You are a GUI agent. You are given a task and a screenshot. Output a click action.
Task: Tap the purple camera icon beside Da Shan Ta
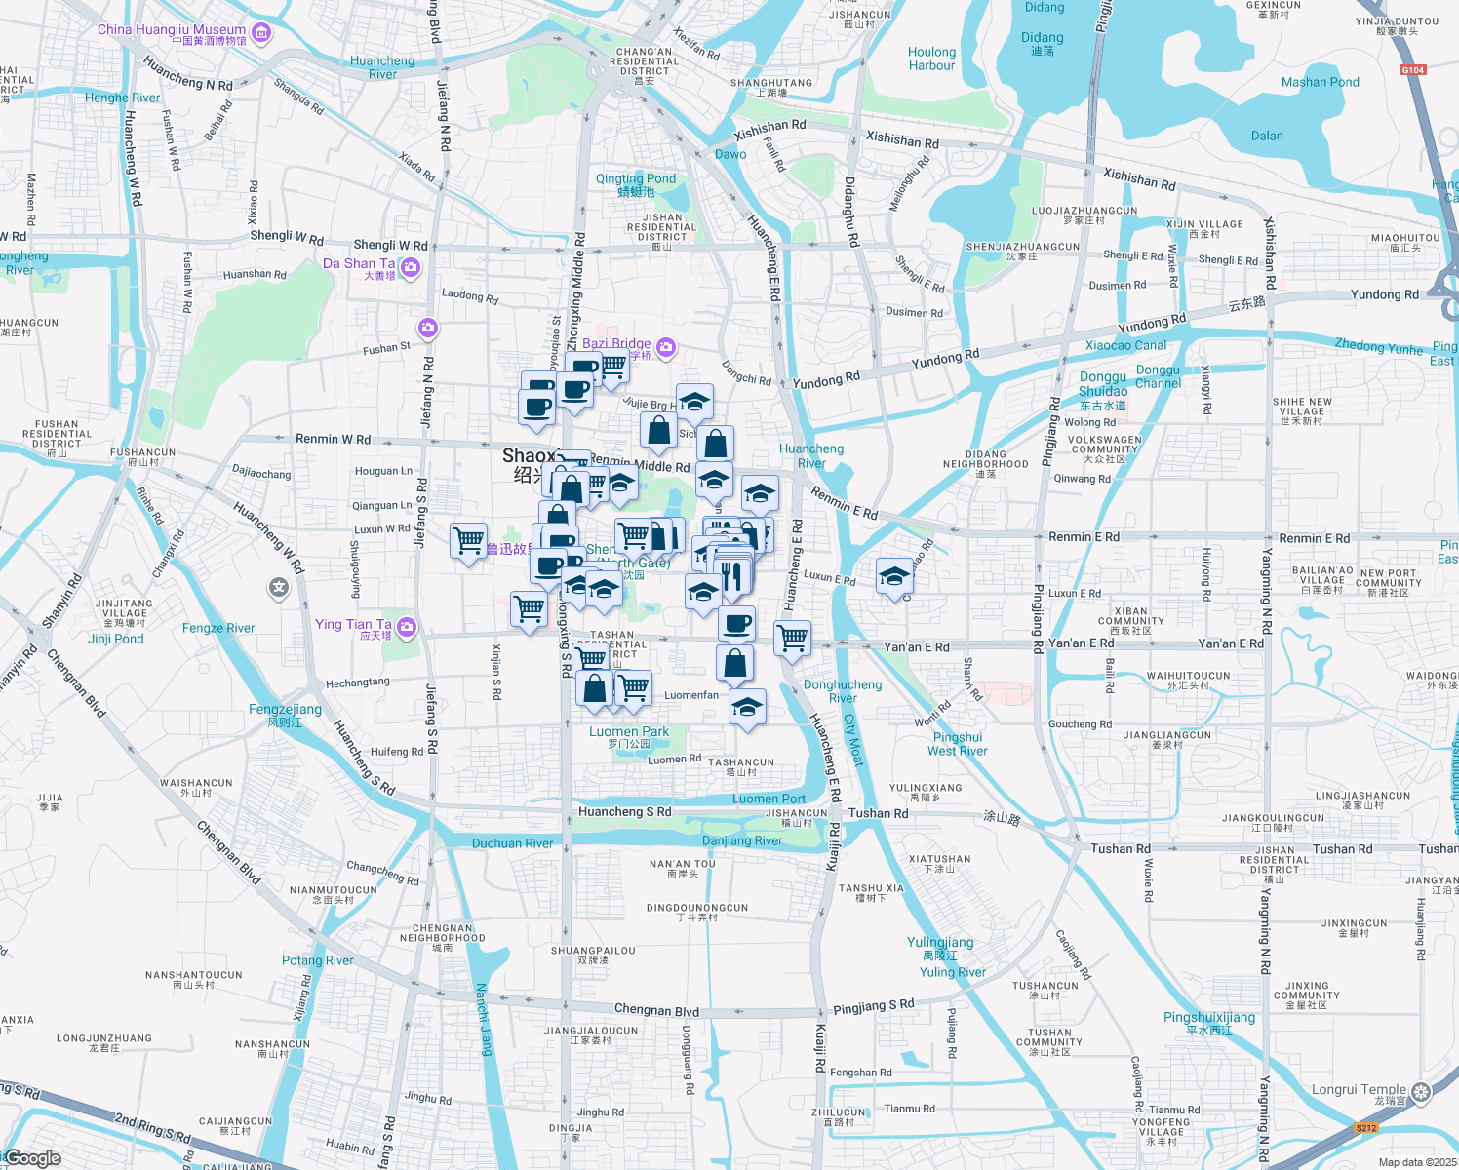tap(411, 267)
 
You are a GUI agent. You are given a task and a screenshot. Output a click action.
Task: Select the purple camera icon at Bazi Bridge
tap(666, 346)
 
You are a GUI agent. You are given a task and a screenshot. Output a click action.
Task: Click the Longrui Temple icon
tap(1420, 1091)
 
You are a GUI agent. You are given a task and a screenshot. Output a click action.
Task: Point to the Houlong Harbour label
tap(931, 58)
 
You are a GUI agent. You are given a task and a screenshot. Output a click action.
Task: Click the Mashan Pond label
tap(1320, 82)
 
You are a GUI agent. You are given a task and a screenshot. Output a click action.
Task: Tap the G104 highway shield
tap(1412, 69)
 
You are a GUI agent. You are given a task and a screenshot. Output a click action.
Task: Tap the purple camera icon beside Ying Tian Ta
tap(407, 627)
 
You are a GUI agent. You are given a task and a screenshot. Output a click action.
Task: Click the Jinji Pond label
tap(116, 639)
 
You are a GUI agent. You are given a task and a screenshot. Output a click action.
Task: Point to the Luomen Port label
tap(769, 799)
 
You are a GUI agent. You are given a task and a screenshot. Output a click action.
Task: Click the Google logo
tap(34, 1158)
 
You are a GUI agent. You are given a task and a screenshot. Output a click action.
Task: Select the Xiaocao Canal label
tap(1125, 345)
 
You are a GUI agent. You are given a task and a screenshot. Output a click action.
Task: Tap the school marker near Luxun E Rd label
tap(894, 576)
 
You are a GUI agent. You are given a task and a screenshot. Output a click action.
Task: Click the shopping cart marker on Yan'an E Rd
tap(793, 639)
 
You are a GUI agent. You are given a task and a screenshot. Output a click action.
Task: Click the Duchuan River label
tap(512, 843)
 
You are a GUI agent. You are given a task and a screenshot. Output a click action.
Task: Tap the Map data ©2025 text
tap(1417, 1162)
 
